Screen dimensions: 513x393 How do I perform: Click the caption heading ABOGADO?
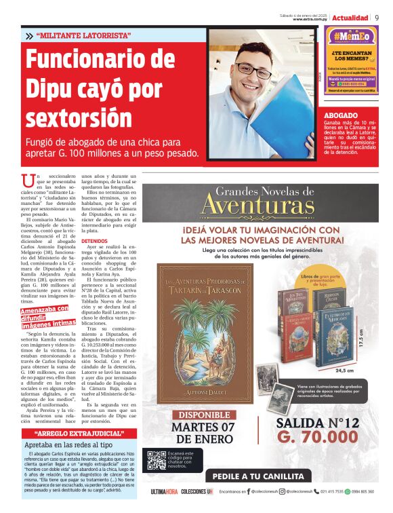point(340,116)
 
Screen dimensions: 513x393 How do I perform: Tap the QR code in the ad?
point(157,460)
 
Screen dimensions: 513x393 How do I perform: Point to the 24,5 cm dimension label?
point(345,371)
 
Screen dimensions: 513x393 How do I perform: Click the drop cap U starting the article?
point(28,180)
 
